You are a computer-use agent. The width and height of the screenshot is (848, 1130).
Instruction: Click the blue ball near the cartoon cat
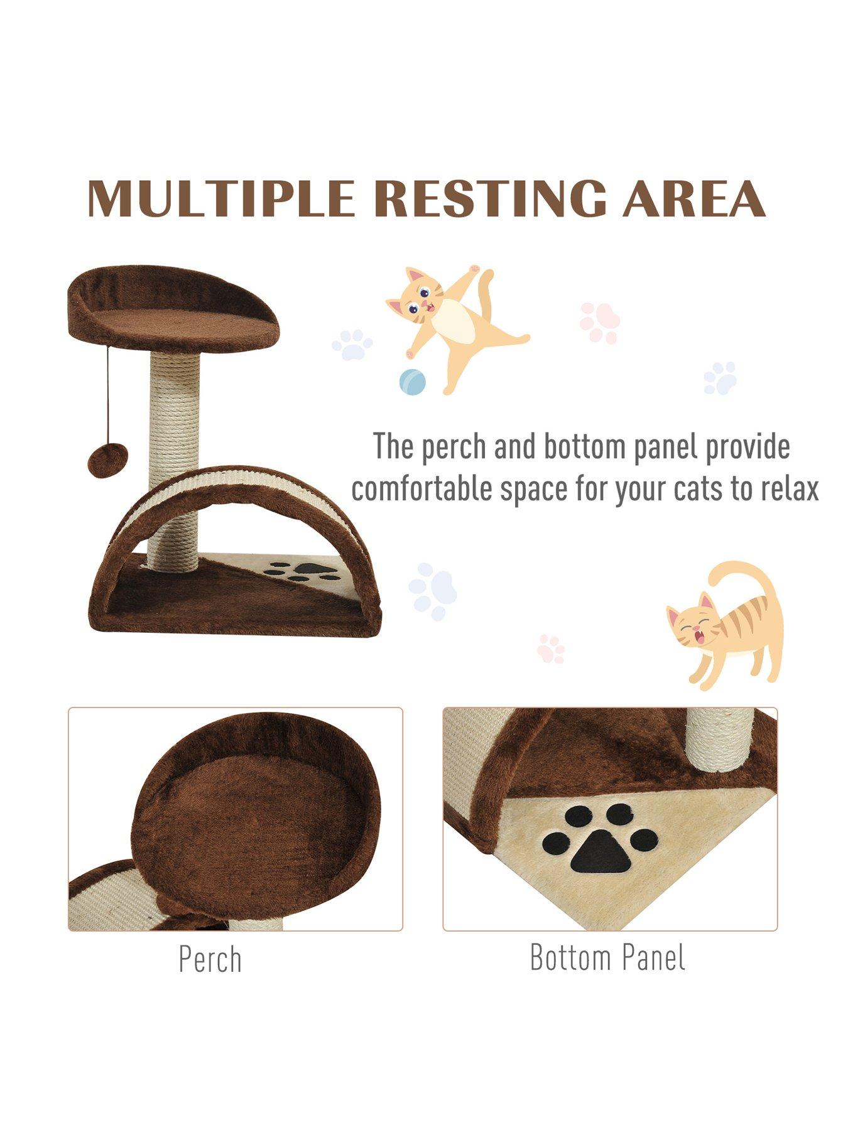(412, 382)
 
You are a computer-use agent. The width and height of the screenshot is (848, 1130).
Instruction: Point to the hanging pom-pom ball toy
(107, 460)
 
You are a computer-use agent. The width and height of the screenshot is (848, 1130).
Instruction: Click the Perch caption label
(210, 959)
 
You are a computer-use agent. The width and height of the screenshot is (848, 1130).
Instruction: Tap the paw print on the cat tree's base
(303, 569)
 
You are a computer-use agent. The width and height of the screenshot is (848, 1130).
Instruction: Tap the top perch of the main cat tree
(173, 308)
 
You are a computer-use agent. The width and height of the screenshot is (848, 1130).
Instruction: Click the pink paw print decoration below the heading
(599, 323)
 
